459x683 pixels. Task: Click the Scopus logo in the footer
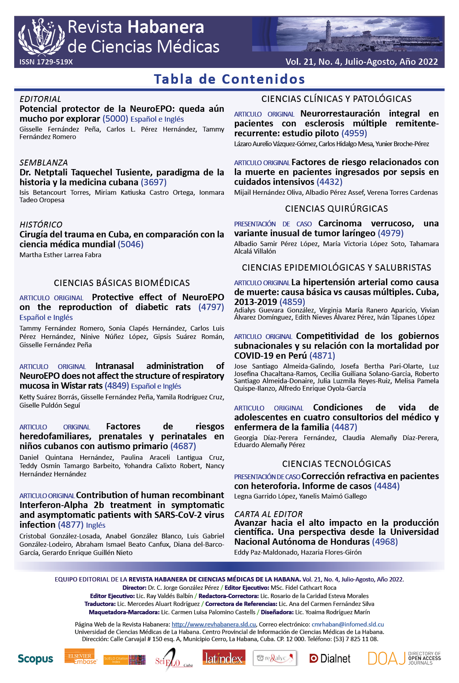click(35, 659)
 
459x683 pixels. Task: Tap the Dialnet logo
click(330, 659)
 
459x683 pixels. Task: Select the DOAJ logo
click(404, 658)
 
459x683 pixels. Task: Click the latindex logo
click(224, 658)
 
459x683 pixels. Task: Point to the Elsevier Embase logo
click(81, 656)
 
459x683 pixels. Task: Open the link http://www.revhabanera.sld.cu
click(214, 625)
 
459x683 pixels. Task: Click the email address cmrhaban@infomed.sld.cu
click(347, 625)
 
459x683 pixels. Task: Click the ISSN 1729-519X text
click(46, 62)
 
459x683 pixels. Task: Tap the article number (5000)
click(115, 119)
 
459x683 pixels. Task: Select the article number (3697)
click(154, 182)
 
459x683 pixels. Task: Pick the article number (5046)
click(131, 244)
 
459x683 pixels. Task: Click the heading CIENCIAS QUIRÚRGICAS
click(336, 209)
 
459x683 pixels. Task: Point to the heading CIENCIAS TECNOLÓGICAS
click(336, 464)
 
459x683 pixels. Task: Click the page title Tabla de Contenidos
click(229, 79)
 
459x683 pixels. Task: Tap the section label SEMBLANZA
click(44, 163)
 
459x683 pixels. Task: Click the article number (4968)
click(385, 542)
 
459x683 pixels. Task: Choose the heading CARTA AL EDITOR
click(268, 514)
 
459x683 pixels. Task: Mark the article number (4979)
click(391, 233)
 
